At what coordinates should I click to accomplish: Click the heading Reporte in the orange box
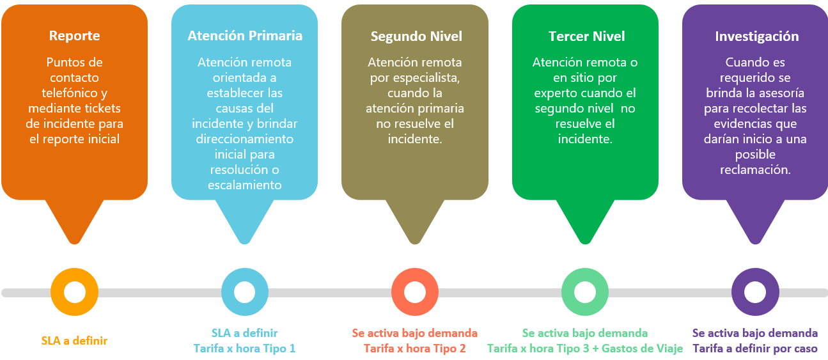click(x=75, y=36)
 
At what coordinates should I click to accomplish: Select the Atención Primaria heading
click(x=245, y=36)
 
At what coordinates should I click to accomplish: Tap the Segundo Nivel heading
click(x=416, y=36)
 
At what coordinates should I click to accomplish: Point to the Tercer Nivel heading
click(x=586, y=36)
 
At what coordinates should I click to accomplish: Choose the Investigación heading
click(x=756, y=36)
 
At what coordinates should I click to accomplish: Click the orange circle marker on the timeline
click(x=75, y=292)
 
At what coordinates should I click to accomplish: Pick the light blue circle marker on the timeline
click(x=245, y=292)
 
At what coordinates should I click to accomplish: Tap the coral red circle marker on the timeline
click(x=415, y=292)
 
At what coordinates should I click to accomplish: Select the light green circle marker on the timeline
click(x=585, y=292)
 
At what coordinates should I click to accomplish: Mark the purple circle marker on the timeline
click(x=755, y=292)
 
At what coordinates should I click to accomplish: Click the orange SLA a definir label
click(x=75, y=341)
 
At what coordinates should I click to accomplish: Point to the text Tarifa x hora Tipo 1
click(x=245, y=348)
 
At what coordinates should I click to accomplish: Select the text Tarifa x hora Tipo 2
click(x=415, y=348)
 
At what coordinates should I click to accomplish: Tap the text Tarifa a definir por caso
click(x=755, y=348)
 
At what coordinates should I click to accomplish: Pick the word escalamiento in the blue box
click(x=245, y=185)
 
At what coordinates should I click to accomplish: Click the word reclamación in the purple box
click(x=755, y=169)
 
